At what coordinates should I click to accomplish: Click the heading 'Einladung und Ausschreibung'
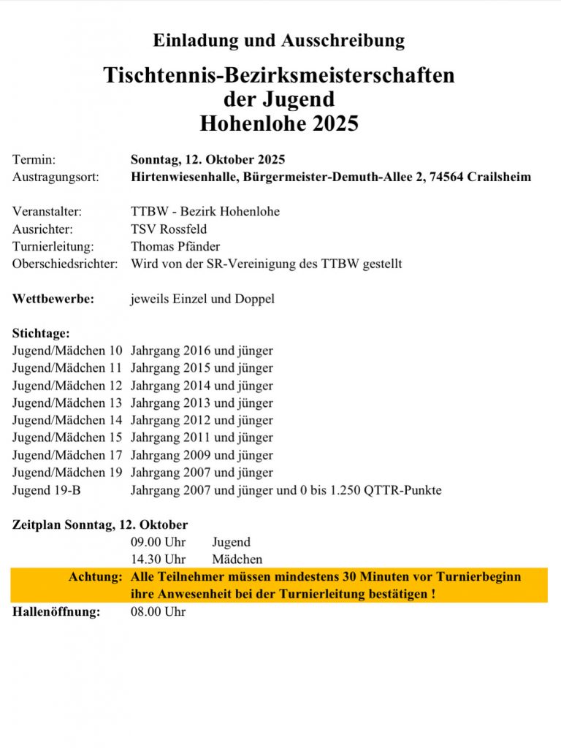coord(279,40)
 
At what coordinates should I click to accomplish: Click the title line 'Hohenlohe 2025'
coord(279,123)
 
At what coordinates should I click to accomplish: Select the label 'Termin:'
coord(34,159)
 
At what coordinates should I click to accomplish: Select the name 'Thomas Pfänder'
coord(175,246)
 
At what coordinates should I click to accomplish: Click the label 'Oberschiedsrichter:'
coord(65,264)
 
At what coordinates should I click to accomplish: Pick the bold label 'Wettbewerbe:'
coord(53,299)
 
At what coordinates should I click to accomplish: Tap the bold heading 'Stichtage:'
coord(41,333)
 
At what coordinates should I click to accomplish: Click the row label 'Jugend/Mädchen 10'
coord(67,351)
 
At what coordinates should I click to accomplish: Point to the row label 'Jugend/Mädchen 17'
coord(67,455)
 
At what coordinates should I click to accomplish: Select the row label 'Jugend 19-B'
coord(47,490)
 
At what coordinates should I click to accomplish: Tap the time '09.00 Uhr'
coord(159,542)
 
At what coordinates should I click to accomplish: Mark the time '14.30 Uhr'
coord(159,560)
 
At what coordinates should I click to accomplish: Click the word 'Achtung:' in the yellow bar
coord(95,577)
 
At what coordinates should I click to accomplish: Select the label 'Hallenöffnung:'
coord(56,612)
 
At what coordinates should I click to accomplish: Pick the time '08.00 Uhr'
coord(159,612)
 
